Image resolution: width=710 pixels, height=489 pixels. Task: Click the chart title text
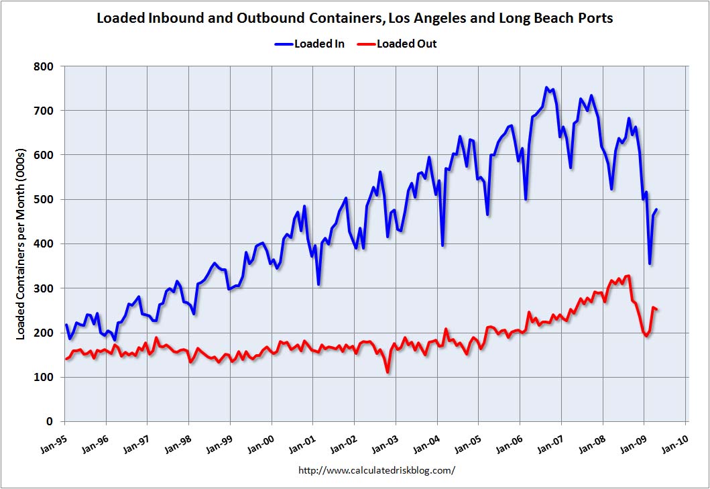355,17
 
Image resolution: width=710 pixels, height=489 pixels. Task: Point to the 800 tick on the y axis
47,66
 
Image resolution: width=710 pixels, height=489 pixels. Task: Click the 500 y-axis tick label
47,199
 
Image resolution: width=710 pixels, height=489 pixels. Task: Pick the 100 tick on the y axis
47,377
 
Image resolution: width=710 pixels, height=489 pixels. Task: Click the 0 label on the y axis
52,421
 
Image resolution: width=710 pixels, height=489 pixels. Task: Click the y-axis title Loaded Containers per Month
21,243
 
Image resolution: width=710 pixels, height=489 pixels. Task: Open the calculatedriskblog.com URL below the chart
376,470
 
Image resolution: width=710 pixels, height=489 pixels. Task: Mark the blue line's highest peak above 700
546,88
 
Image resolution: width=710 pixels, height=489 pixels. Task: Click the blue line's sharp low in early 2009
649,264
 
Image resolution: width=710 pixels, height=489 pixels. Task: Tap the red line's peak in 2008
628,276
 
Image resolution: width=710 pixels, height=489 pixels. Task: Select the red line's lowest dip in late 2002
388,372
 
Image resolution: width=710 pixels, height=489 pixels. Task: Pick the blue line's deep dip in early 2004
442,245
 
